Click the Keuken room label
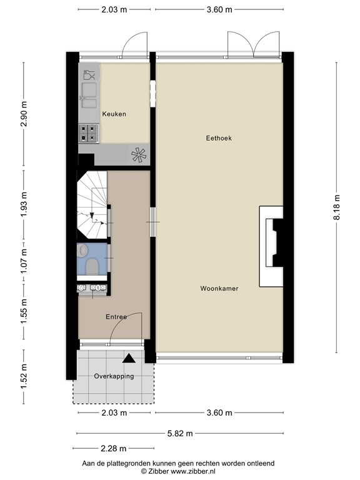pyautogui.click(x=114, y=114)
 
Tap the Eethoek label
pyautogui.click(x=219, y=138)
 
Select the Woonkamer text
pyautogui.click(x=219, y=289)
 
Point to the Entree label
pyautogui.click(x=116, y=317)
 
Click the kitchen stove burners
pyautogui.click(x=88, y=132)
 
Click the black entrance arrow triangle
pyautogui.click(x=129, y=358)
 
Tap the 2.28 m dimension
pyautogui.click(x=114, y=448)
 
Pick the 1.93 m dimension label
pyautogui.click(x=24, y=206)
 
